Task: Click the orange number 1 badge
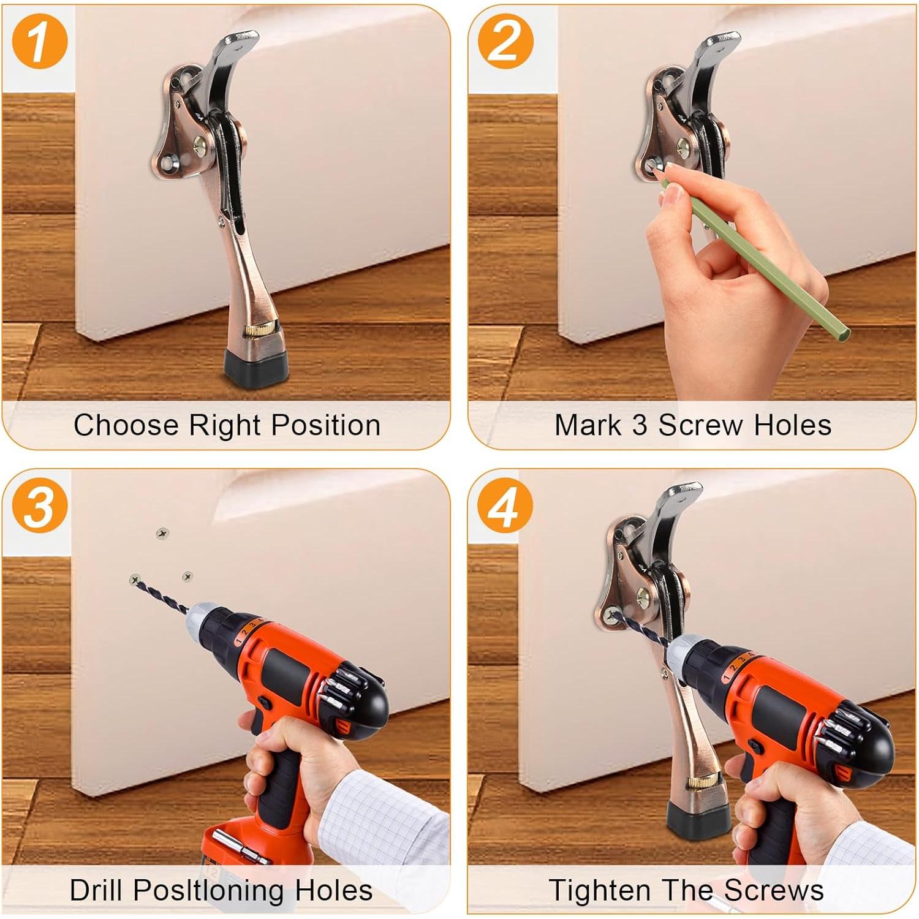click(x=39, y=42)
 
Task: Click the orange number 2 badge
click(x=505, y=42)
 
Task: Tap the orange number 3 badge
click(x=39, y=507)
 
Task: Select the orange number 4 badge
click(x=505, y=507)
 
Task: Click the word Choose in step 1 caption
click(x=126, y=425)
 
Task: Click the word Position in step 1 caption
click(x=326, y=426)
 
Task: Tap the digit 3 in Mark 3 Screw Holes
click(x=640, y=426)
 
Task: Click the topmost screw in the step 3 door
click(x=162, y=534)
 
